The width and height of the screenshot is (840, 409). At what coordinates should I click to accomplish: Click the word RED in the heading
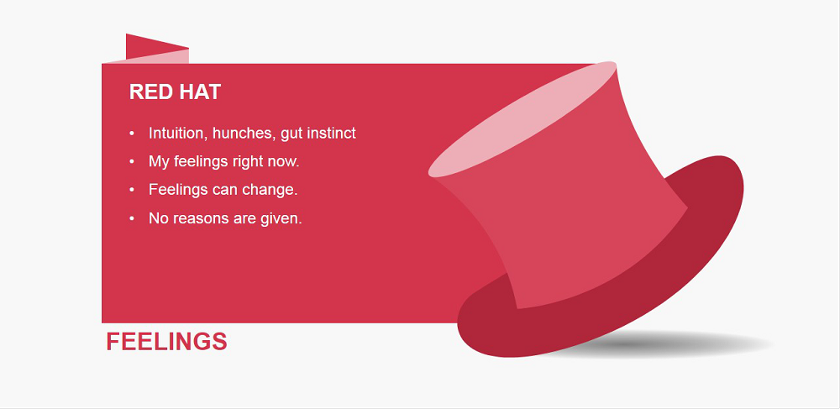[150, 92]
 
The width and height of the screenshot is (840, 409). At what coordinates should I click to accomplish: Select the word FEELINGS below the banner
[166, 342]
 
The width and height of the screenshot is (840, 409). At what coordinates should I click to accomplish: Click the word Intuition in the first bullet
[178, 133]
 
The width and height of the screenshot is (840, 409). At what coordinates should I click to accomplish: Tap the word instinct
[332, 133]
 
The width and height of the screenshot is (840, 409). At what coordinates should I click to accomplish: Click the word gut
[292, 134]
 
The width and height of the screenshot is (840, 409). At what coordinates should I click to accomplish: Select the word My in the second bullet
[159, 162]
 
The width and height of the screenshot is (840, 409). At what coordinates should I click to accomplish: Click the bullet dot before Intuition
[132, 133]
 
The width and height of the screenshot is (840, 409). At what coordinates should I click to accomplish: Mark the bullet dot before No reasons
[132, 218]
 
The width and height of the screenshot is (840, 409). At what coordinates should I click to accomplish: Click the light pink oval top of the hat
[522, 119]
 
